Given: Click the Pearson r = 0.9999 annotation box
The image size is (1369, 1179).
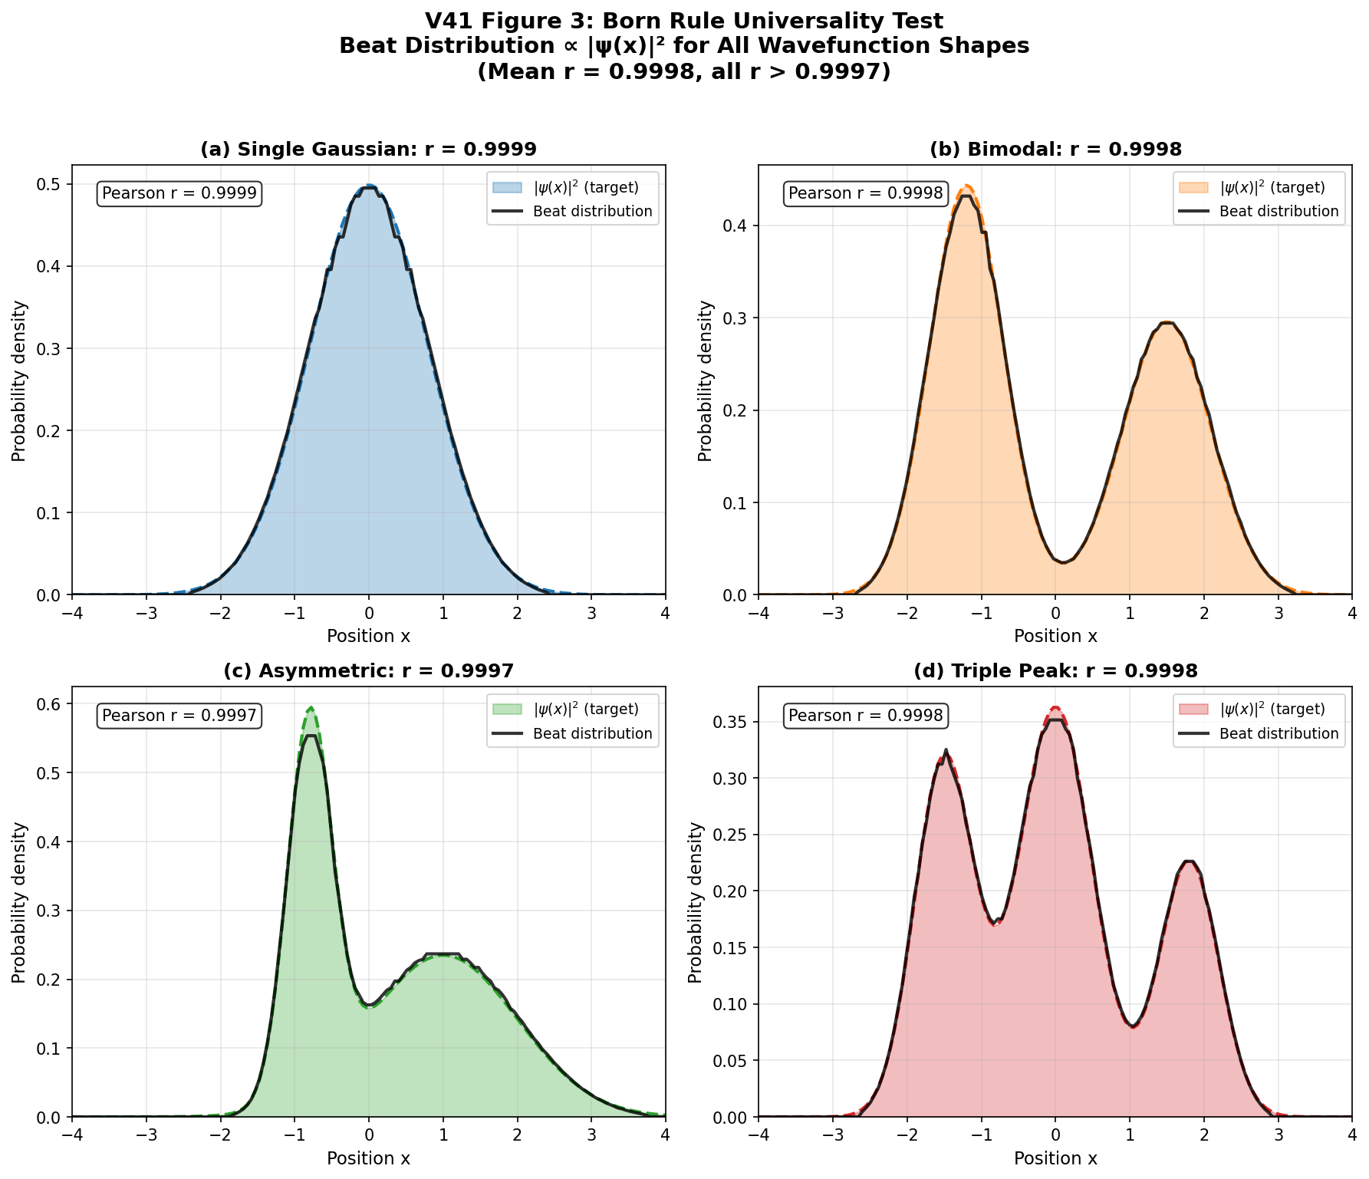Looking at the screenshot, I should pos(179,193).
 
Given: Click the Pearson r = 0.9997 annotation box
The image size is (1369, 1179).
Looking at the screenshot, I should pos(179,716).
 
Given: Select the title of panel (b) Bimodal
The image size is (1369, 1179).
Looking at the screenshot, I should pos(1055,150).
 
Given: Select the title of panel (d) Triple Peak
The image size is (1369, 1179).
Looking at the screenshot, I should pos(1055,671).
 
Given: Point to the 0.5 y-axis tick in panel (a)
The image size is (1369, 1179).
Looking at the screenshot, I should pos(54,185).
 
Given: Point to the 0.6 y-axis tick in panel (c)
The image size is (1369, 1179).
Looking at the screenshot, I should pos(54,704).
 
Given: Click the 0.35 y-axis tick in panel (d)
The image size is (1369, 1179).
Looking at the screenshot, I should pos(736,723).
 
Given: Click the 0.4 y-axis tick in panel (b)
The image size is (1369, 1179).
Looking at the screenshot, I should pos(741,226).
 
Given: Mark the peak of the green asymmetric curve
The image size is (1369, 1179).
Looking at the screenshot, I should pos(311,709).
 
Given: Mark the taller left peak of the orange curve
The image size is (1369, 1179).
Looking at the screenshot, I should pos(967,186).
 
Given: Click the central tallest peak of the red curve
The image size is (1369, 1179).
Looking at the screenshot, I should pos(1055,708).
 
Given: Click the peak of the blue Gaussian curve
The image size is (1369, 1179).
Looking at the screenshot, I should pos(369,186).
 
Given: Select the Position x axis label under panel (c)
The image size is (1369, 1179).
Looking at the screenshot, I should pos(368,1158).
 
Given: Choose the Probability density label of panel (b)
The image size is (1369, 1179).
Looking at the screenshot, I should pos(706,380).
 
